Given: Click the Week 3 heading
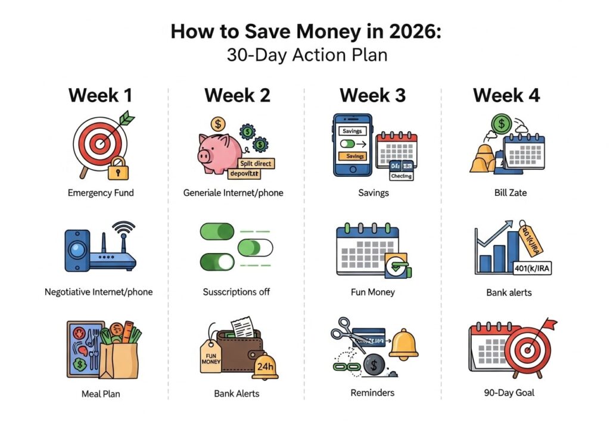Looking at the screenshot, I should tap(372, 95).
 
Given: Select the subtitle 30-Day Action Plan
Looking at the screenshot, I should tap(307, 55).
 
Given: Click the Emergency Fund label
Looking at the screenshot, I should tap(100, 192).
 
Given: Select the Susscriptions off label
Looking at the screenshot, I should tap(236, 292).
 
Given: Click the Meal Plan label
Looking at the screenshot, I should tap(100, 393).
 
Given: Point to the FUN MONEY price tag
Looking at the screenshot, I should tap(211, 359).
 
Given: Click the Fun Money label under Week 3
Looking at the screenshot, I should tap(373, 292).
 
